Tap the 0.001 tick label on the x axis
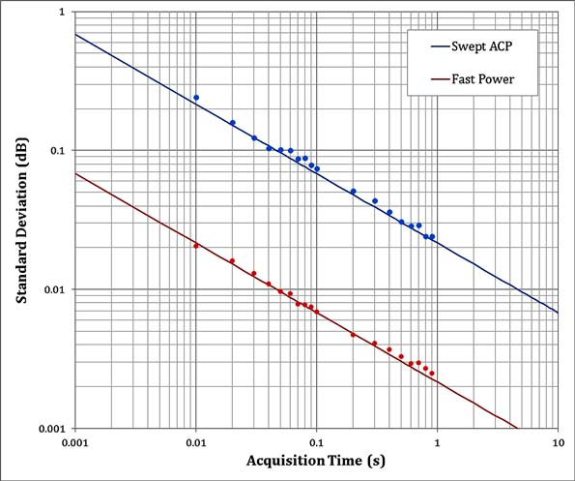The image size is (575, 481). tap(74, 441)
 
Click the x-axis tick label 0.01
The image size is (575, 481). tap(195, 441)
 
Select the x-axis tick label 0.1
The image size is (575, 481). tap(316, 441)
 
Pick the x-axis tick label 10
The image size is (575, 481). tap(557, 441)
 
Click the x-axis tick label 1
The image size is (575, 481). tap(437, 441)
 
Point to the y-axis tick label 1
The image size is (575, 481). tap(60, 13)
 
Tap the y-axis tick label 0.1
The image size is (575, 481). tap(54, 151)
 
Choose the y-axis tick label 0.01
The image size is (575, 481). tap(51, 289)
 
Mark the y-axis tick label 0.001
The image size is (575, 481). tap(48, 428)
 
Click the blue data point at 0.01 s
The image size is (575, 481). tap(196, 98)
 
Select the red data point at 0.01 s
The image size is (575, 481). tap(196, 246)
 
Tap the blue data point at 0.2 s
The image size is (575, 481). tap(353, 192)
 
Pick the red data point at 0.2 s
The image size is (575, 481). tap(353, 335)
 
